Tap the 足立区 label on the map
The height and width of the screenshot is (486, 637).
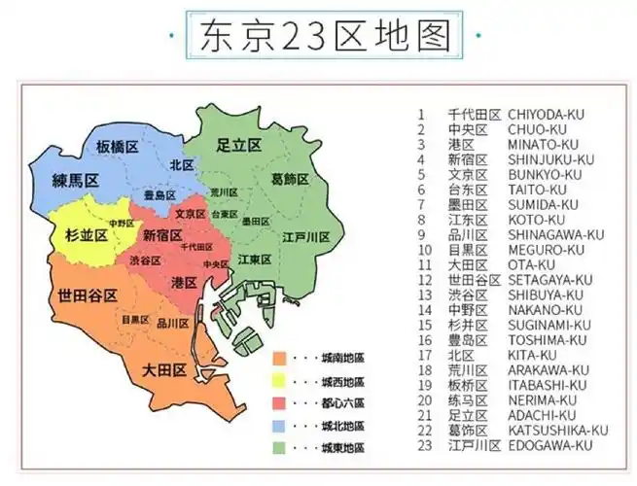pyautogui.click(x=238, y=145)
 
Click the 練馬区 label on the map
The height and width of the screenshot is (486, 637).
pyautogui.click(x=76, y=181)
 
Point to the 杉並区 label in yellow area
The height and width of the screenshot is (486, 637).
pyautogui.click(x=87, y=235)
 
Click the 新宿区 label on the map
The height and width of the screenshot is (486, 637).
pyautogui.click(x=162, y=234)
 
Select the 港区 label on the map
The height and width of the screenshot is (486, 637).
pyautogui.click(x=184, y=281)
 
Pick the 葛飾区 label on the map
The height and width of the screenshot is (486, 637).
pyautogui.click(x=290, y=179)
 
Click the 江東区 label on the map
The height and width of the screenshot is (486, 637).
pyautogui.click(x=255, y=260)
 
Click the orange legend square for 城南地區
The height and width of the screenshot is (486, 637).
pyautogui.click(x=279, y=358)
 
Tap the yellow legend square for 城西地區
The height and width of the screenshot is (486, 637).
pyautogui.click(x=279, y=380)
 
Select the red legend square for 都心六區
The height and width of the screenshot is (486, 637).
pyautogui.click(x=279, y=402)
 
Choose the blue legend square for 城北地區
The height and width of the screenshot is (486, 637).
pyautogui.click(x=279, y=426)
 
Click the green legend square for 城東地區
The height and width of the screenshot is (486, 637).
pyautogui.click(x=279, y=448)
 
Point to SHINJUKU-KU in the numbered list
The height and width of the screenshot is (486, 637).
pyautogui.click(x=551, y=159)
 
